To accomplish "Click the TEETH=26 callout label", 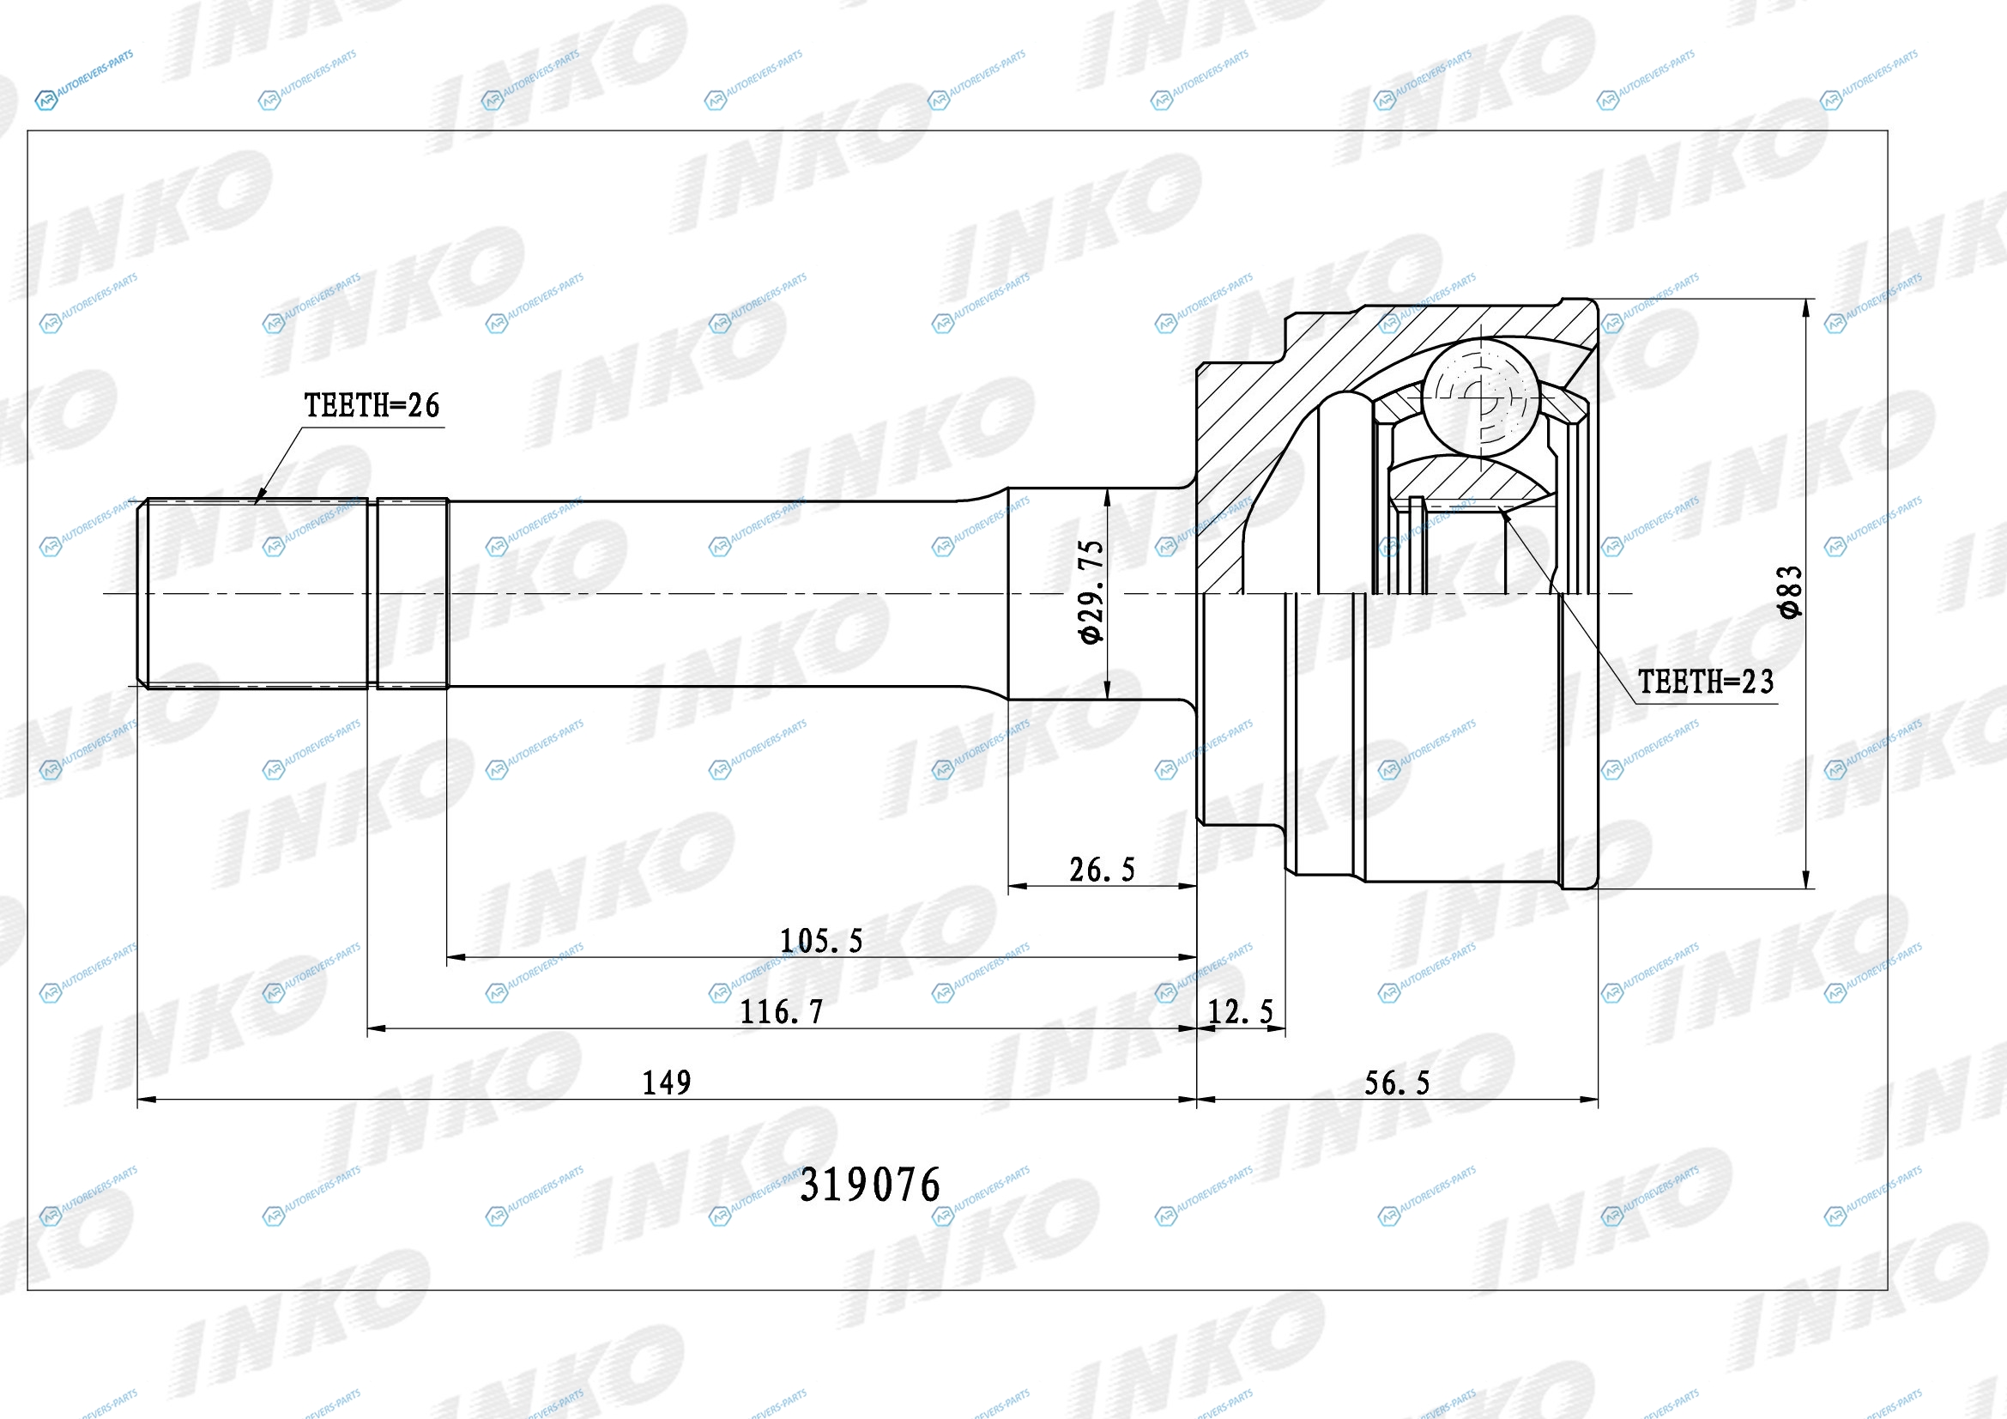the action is [x=372, y=406].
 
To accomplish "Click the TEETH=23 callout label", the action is [x=1706, y=682].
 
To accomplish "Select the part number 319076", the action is [x=871, y=1186].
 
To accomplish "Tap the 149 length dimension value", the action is [x=667, y=1083].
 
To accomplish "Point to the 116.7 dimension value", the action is [x=782, y=1012].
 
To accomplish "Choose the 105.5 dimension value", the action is [x=821, y=941].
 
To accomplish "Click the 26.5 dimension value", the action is [x=1103, y=870].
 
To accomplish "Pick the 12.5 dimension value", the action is [x=1241, y=1012].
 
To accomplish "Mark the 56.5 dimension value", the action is [x=1397, y=1084].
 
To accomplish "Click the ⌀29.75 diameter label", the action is [x=1091, y=593].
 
